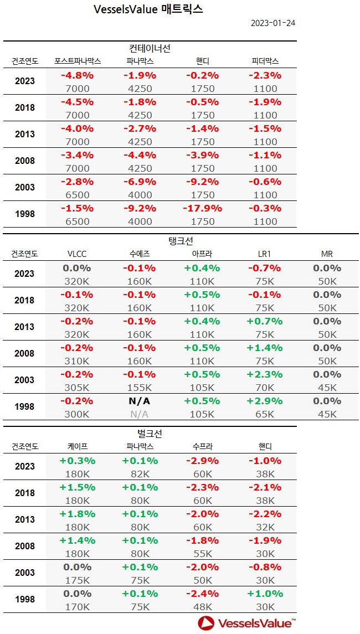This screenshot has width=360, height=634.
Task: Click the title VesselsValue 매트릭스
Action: point(148,9)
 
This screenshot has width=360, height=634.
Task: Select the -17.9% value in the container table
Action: point(202,208)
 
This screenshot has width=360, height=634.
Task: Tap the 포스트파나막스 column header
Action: point(77,60)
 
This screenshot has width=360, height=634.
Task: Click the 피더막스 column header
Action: point(265,60)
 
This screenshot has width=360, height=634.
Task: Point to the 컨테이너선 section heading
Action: point(150,49)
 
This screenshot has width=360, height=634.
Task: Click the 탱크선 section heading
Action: point(180,241)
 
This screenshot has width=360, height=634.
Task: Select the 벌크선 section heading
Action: point(150,434)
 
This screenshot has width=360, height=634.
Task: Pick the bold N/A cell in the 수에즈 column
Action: point(140,401)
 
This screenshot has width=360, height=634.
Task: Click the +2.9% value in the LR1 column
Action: point(265,401)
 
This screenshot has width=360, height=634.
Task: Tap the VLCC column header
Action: point(77,254)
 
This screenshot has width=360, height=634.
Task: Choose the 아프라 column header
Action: point(202,254)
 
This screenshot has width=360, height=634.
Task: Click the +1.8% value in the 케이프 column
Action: point(77,514)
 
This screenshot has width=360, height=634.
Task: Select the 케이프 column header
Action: point(77,446)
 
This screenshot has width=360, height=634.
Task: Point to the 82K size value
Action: point(140,474)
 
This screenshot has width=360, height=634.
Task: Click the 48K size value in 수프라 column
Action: point(202,607)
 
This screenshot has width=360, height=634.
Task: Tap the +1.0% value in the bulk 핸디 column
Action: point(265,594)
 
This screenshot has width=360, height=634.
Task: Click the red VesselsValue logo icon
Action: point(206,623)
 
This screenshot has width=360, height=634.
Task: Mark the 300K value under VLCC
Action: point(77,414)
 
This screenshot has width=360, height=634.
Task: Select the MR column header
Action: point(327,254)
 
